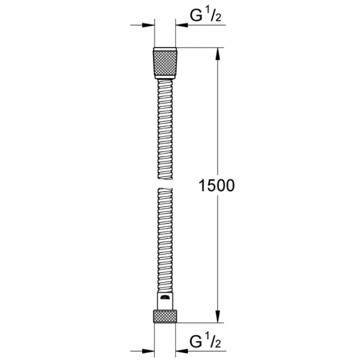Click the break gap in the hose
pyautogui.click(x=164, y=181)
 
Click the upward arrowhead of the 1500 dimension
pyautogui.click(x=215, y=52)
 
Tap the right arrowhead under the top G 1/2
pyautogui.click(x=179, y=26)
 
